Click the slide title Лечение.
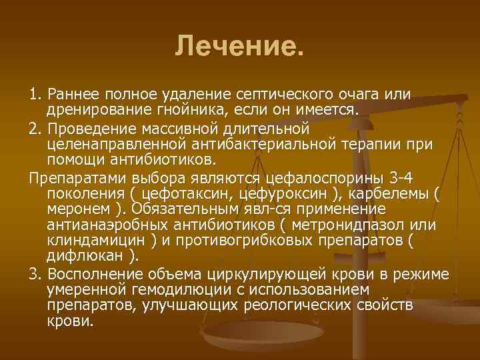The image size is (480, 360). (x=239, y=47)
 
